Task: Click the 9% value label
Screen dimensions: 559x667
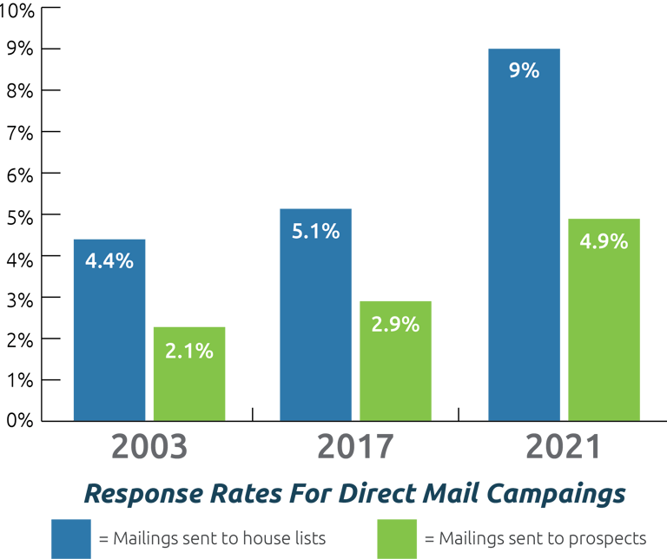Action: [525, 70]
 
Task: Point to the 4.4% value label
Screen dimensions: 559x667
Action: [109, 260]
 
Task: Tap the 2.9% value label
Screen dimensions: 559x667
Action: [395, 325]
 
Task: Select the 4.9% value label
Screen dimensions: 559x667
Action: [604, 241]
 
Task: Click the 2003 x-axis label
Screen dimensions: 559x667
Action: [149, 446]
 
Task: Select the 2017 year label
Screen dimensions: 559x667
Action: [355, 446]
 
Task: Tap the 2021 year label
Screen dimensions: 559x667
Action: [563, 446]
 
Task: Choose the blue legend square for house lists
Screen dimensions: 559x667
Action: [71, 538]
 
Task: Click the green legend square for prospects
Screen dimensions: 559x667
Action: [397, 538]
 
